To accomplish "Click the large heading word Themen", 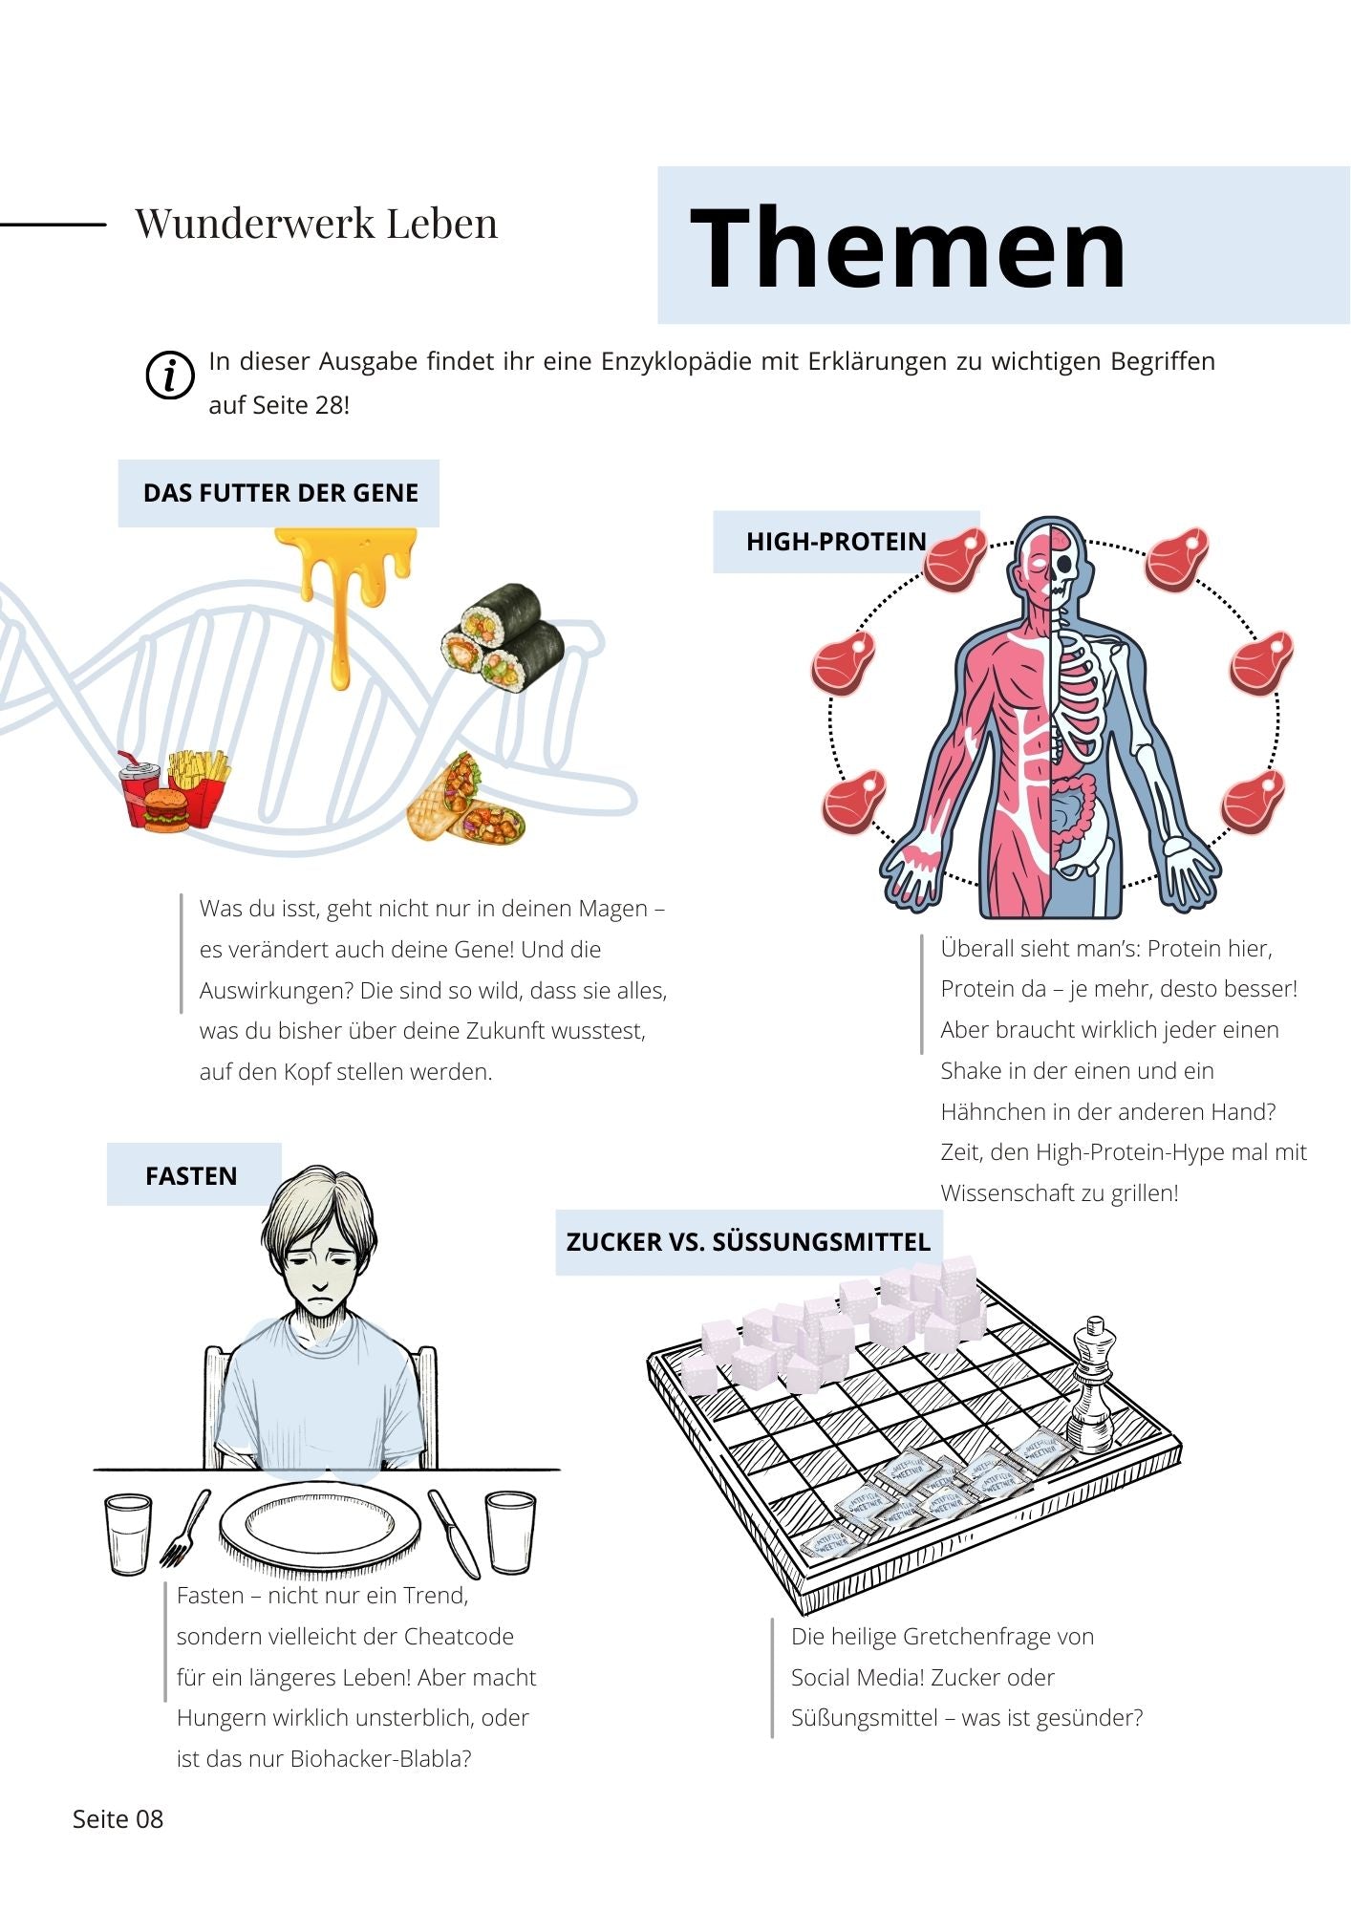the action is coord(908,247).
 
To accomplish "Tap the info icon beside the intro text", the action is coord(170,375).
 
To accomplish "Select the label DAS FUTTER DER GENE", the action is coord(280,493).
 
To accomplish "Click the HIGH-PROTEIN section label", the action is coord(836,542).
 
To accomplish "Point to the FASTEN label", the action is coord(191,1175).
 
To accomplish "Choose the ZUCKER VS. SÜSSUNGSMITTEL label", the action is coord(748,1242).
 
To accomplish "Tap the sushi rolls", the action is coord(503,638).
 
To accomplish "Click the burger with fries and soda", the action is coord(175,791).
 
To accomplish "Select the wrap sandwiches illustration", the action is coord(466,798).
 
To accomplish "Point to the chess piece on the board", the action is coord(1091,1385).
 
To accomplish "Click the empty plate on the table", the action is coord(320,1525).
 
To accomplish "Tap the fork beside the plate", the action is coord(185,1527).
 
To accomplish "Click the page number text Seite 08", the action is coord(118,1819).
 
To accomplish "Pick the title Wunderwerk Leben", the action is coord(316,224).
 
